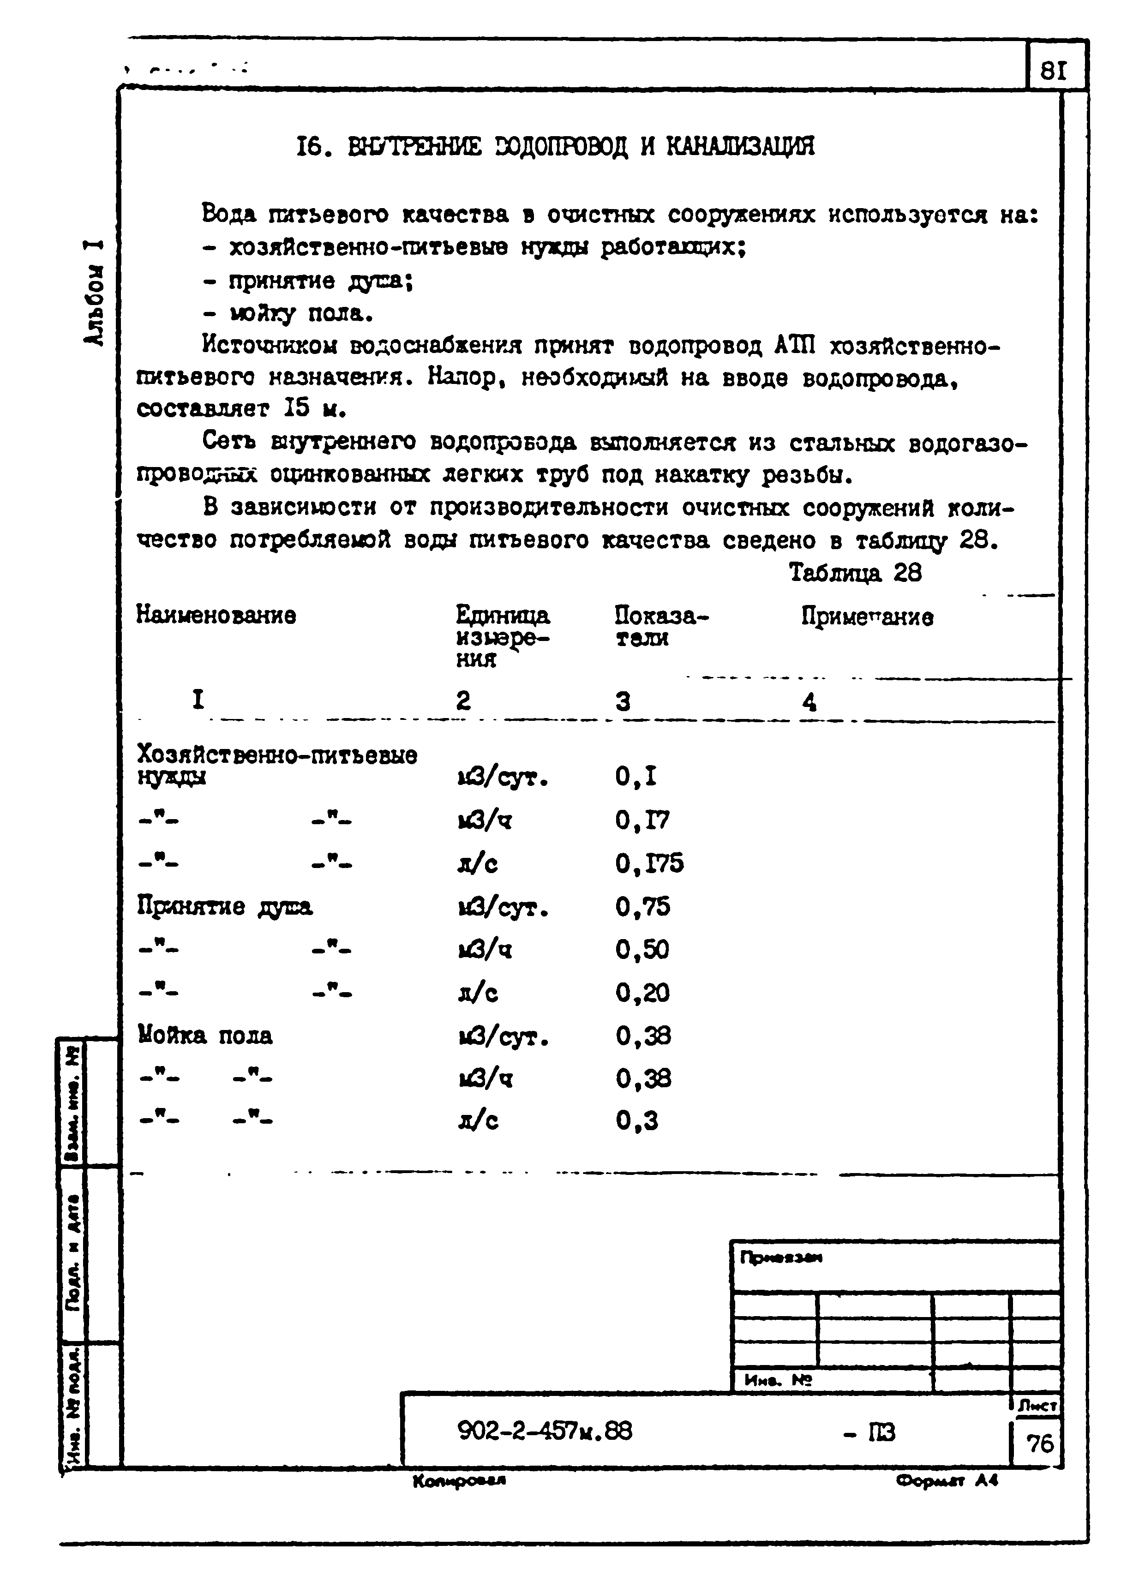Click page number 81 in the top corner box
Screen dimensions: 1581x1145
1053,71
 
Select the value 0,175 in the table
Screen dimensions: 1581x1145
648,864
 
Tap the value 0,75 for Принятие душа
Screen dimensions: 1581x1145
642,906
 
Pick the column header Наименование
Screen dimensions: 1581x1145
216,616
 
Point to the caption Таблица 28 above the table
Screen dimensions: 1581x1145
855,573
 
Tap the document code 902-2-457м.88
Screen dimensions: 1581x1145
545,1432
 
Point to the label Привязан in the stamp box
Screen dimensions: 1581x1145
781,1258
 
